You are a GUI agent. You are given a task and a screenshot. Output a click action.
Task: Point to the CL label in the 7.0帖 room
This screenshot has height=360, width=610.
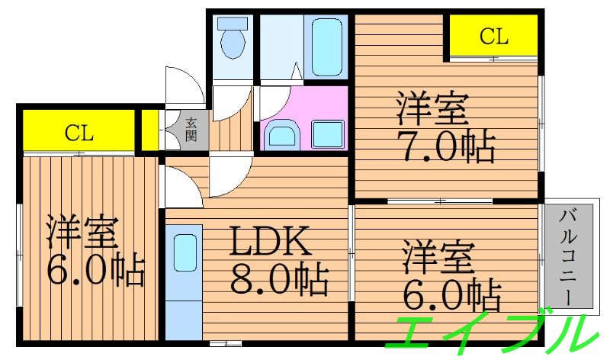(493, 35)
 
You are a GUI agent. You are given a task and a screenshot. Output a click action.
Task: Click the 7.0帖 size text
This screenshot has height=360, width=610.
(445, 145)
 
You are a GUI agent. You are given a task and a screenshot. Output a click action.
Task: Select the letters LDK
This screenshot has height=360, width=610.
(271, 243)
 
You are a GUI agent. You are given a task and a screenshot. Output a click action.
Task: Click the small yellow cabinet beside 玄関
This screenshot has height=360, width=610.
(151, 130)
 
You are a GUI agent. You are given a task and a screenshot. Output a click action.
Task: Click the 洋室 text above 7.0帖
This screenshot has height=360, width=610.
(432, 110)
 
